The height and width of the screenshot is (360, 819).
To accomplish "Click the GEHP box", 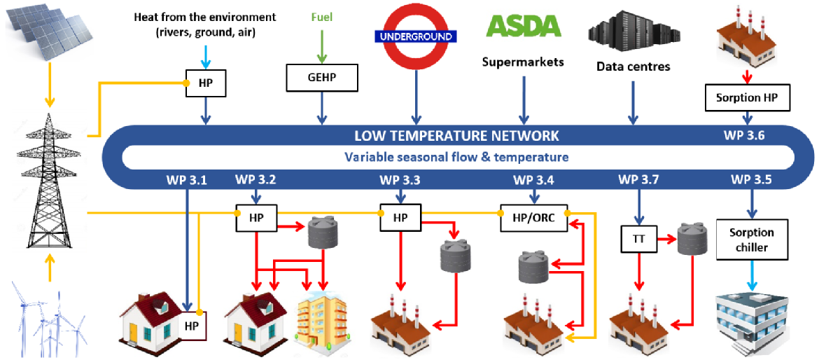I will click(x=322, y=78).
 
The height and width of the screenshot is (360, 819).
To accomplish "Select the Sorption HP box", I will click(x=748, y=97).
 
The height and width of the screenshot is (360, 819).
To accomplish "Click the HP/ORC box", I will click(x=533, y=217).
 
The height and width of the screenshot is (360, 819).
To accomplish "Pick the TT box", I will click(x=638, y=239).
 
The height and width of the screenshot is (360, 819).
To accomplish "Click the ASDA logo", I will click(x=524, y=27).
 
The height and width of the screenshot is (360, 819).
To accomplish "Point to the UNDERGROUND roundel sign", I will click(x=416, y=36).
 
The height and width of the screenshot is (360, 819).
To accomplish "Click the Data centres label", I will click(x=633, y=67).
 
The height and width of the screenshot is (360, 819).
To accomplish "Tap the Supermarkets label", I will click(x=523, y=62).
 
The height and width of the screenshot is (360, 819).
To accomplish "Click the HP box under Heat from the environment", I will click(x=204, y=83).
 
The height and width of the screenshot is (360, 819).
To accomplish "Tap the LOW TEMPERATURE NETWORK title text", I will click(x=456, y=135).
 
